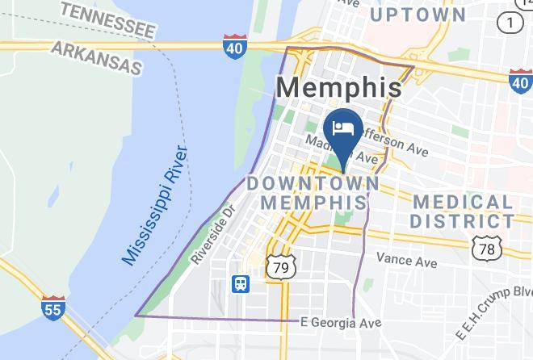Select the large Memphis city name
(339, 87)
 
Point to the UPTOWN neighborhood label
(418, 15)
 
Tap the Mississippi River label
(155, 206)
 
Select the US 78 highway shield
(486, 249)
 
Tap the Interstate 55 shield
(52, 307)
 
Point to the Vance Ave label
(406, 261)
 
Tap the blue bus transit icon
(241, 283)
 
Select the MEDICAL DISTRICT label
(461, 211)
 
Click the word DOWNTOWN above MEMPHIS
(313, 183)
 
